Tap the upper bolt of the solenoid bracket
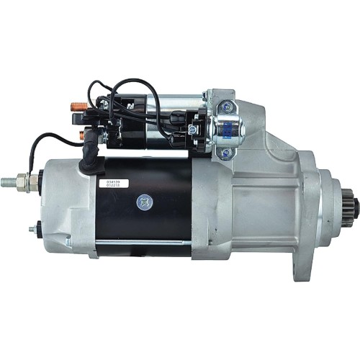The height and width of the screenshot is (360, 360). (228, 106)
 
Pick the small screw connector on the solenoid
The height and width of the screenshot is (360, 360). (193, 129)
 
